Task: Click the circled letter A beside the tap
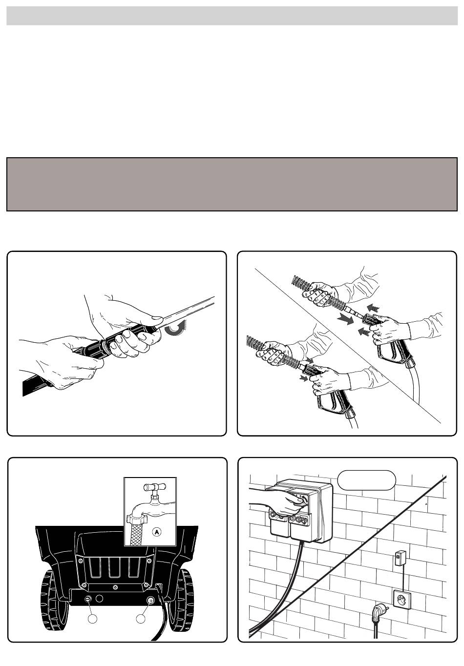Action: [x=157, y=532]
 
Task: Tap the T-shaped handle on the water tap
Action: [x=155, y=488]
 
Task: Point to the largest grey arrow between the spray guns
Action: [x=345, y=320]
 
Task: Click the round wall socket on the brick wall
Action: [x=402, y=600]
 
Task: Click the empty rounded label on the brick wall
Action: [x=367, y=480]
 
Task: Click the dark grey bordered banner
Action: [x=232, y=185]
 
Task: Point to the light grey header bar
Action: [x=232, y=16]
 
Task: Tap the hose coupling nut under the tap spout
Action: [x=134, y=519]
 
